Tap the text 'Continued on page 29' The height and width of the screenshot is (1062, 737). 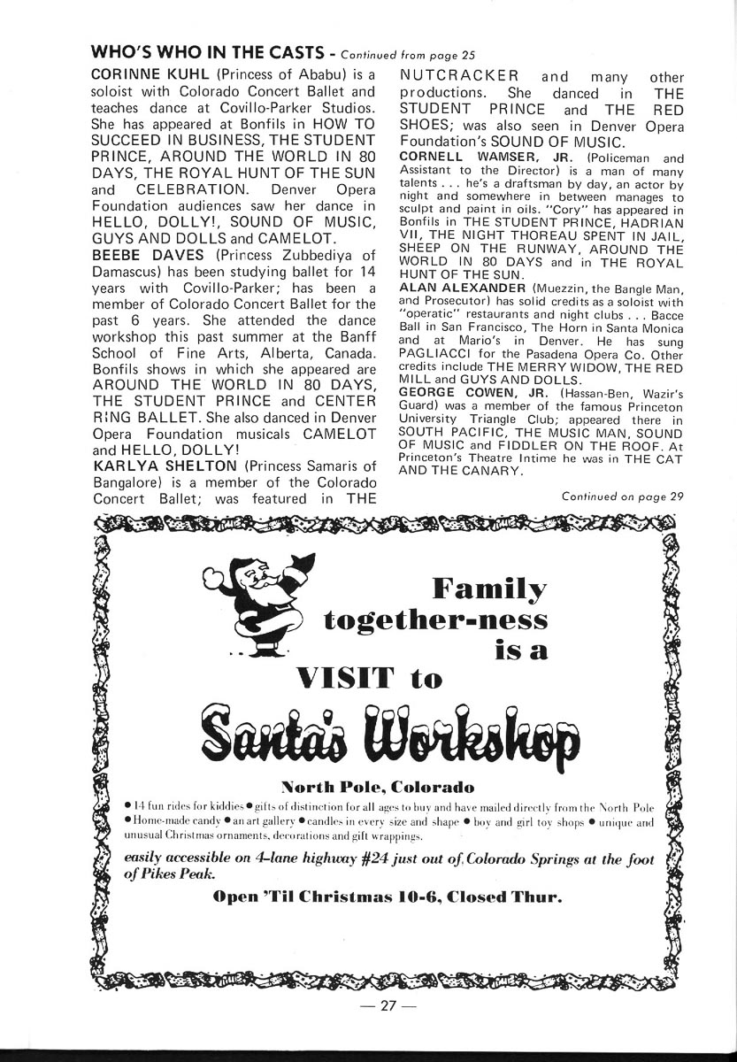[622, 496]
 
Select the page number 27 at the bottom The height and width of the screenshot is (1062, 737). [381, 1007]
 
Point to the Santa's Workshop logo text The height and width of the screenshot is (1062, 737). [388, 735]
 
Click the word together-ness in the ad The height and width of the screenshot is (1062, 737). [435, 619]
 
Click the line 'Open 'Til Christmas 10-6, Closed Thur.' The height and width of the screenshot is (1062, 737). [388, 896]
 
